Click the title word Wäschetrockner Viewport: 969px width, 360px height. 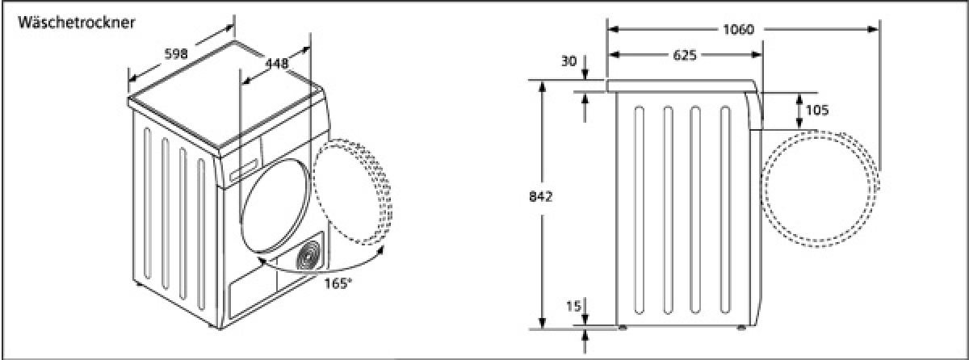77,23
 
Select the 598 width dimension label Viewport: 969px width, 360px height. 177,54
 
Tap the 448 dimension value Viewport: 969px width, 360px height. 277,64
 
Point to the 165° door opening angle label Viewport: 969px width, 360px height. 338,283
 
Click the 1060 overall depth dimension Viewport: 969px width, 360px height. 739,29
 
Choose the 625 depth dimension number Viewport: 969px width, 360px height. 685,55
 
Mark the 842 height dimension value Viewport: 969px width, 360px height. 541,197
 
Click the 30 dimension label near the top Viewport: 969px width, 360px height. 569,61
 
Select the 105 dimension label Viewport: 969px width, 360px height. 817,111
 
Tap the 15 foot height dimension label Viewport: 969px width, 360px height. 573,307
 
